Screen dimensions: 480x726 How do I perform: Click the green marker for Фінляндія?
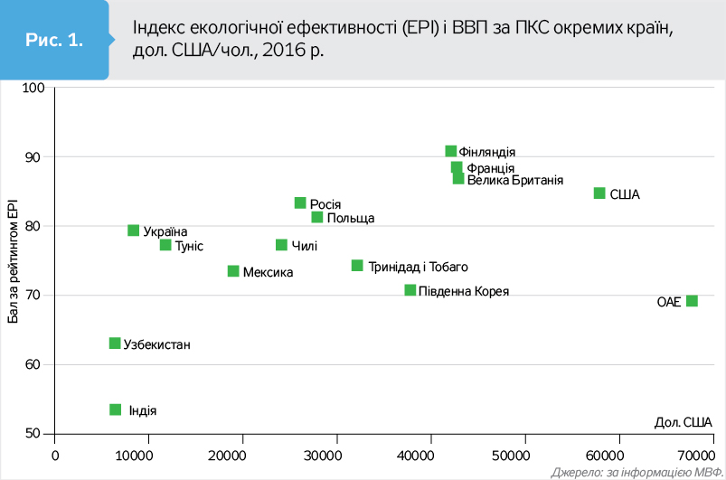point(451,151)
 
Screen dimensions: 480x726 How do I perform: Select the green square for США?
point(599,193)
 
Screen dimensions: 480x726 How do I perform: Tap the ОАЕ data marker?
point(692,301)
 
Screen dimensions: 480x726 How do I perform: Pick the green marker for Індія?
point(116,409)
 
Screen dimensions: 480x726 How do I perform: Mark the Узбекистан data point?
point(115,344)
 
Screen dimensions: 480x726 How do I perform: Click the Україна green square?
point(134,231)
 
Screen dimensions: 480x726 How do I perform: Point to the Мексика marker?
point(233,271)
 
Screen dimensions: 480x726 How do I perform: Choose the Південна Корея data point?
point(410,290)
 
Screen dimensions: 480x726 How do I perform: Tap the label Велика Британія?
point(515,181)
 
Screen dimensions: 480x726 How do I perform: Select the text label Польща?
point(350,218)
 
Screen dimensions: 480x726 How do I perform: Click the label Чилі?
point(304,246)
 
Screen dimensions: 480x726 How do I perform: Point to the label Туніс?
point(188,246)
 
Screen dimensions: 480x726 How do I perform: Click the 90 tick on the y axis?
point(34,156)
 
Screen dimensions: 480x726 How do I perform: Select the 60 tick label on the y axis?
point(34,364)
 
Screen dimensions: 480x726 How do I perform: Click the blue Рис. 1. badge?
point(54,40)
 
